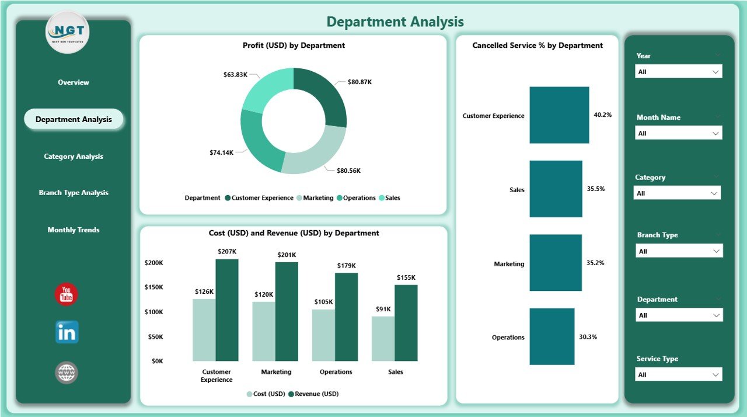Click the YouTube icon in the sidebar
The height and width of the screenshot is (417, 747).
click(x=67, y=294)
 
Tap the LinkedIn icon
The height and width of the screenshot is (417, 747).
click(x=67, y=332)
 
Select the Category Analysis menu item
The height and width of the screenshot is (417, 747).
click(x=74, y=157)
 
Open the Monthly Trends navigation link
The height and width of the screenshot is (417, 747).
click(x=74, y=230)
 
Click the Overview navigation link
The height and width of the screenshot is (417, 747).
click(x=74, y=82)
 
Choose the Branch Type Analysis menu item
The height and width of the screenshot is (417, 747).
click(x=74, y=193)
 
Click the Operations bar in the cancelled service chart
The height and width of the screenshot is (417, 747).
click(x=551, y=337)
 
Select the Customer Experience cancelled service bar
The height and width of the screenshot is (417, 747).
click(x=559, y=115)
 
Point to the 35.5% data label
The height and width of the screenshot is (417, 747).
click(x=596, y=189)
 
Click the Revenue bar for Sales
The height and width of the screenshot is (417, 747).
click(x=406, y=323)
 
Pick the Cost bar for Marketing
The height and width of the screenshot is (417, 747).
click(x=264, y=331)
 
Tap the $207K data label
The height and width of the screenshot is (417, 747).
click(x=227, y=252)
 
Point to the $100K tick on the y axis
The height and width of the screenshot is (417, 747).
click(x=153, y=312)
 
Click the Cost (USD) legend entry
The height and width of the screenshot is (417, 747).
click(x=266, y=394)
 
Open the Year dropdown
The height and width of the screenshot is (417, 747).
click(x=678, y=71)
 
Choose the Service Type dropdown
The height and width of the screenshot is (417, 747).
click(x=678, y=374)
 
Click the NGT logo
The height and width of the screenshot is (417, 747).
click(x=67, y=33)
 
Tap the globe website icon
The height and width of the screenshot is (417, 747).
click(x=67, y=373)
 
